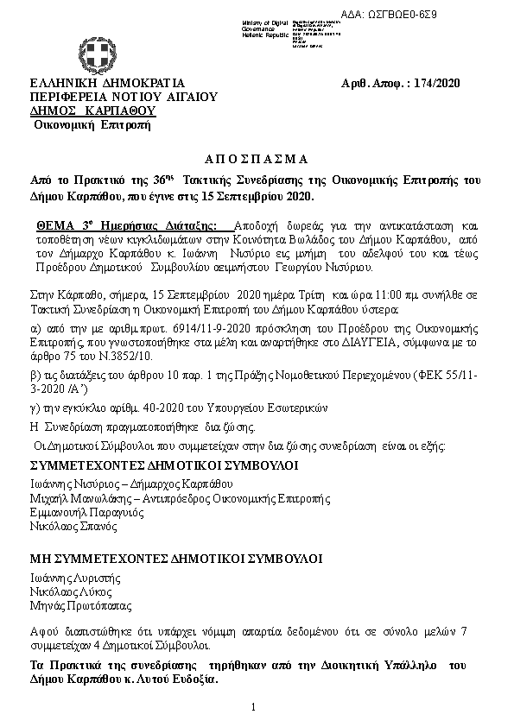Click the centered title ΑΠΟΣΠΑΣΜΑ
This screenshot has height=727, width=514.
pos(255,159)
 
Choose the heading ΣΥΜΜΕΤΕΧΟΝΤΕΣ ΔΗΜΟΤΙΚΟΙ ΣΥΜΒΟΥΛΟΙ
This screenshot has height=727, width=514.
pos(152,465)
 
